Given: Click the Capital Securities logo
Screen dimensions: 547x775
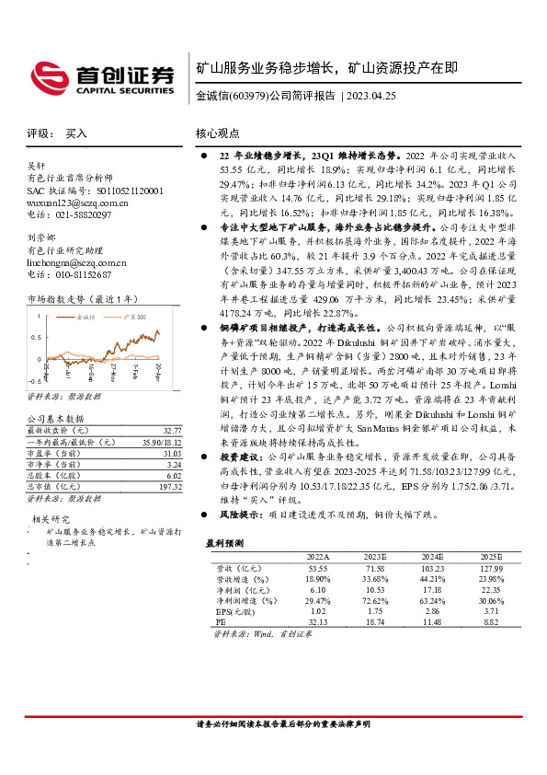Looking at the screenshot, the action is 101,78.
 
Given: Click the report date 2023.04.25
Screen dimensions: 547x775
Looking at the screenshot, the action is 371,96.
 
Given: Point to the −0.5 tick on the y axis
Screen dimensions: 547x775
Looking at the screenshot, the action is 34,379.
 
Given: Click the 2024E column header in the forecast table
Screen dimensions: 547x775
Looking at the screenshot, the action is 429,558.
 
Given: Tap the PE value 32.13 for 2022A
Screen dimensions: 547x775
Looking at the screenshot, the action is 317,623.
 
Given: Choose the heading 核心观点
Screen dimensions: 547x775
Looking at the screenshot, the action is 220,133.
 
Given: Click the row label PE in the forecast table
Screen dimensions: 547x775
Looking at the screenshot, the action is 220,623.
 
